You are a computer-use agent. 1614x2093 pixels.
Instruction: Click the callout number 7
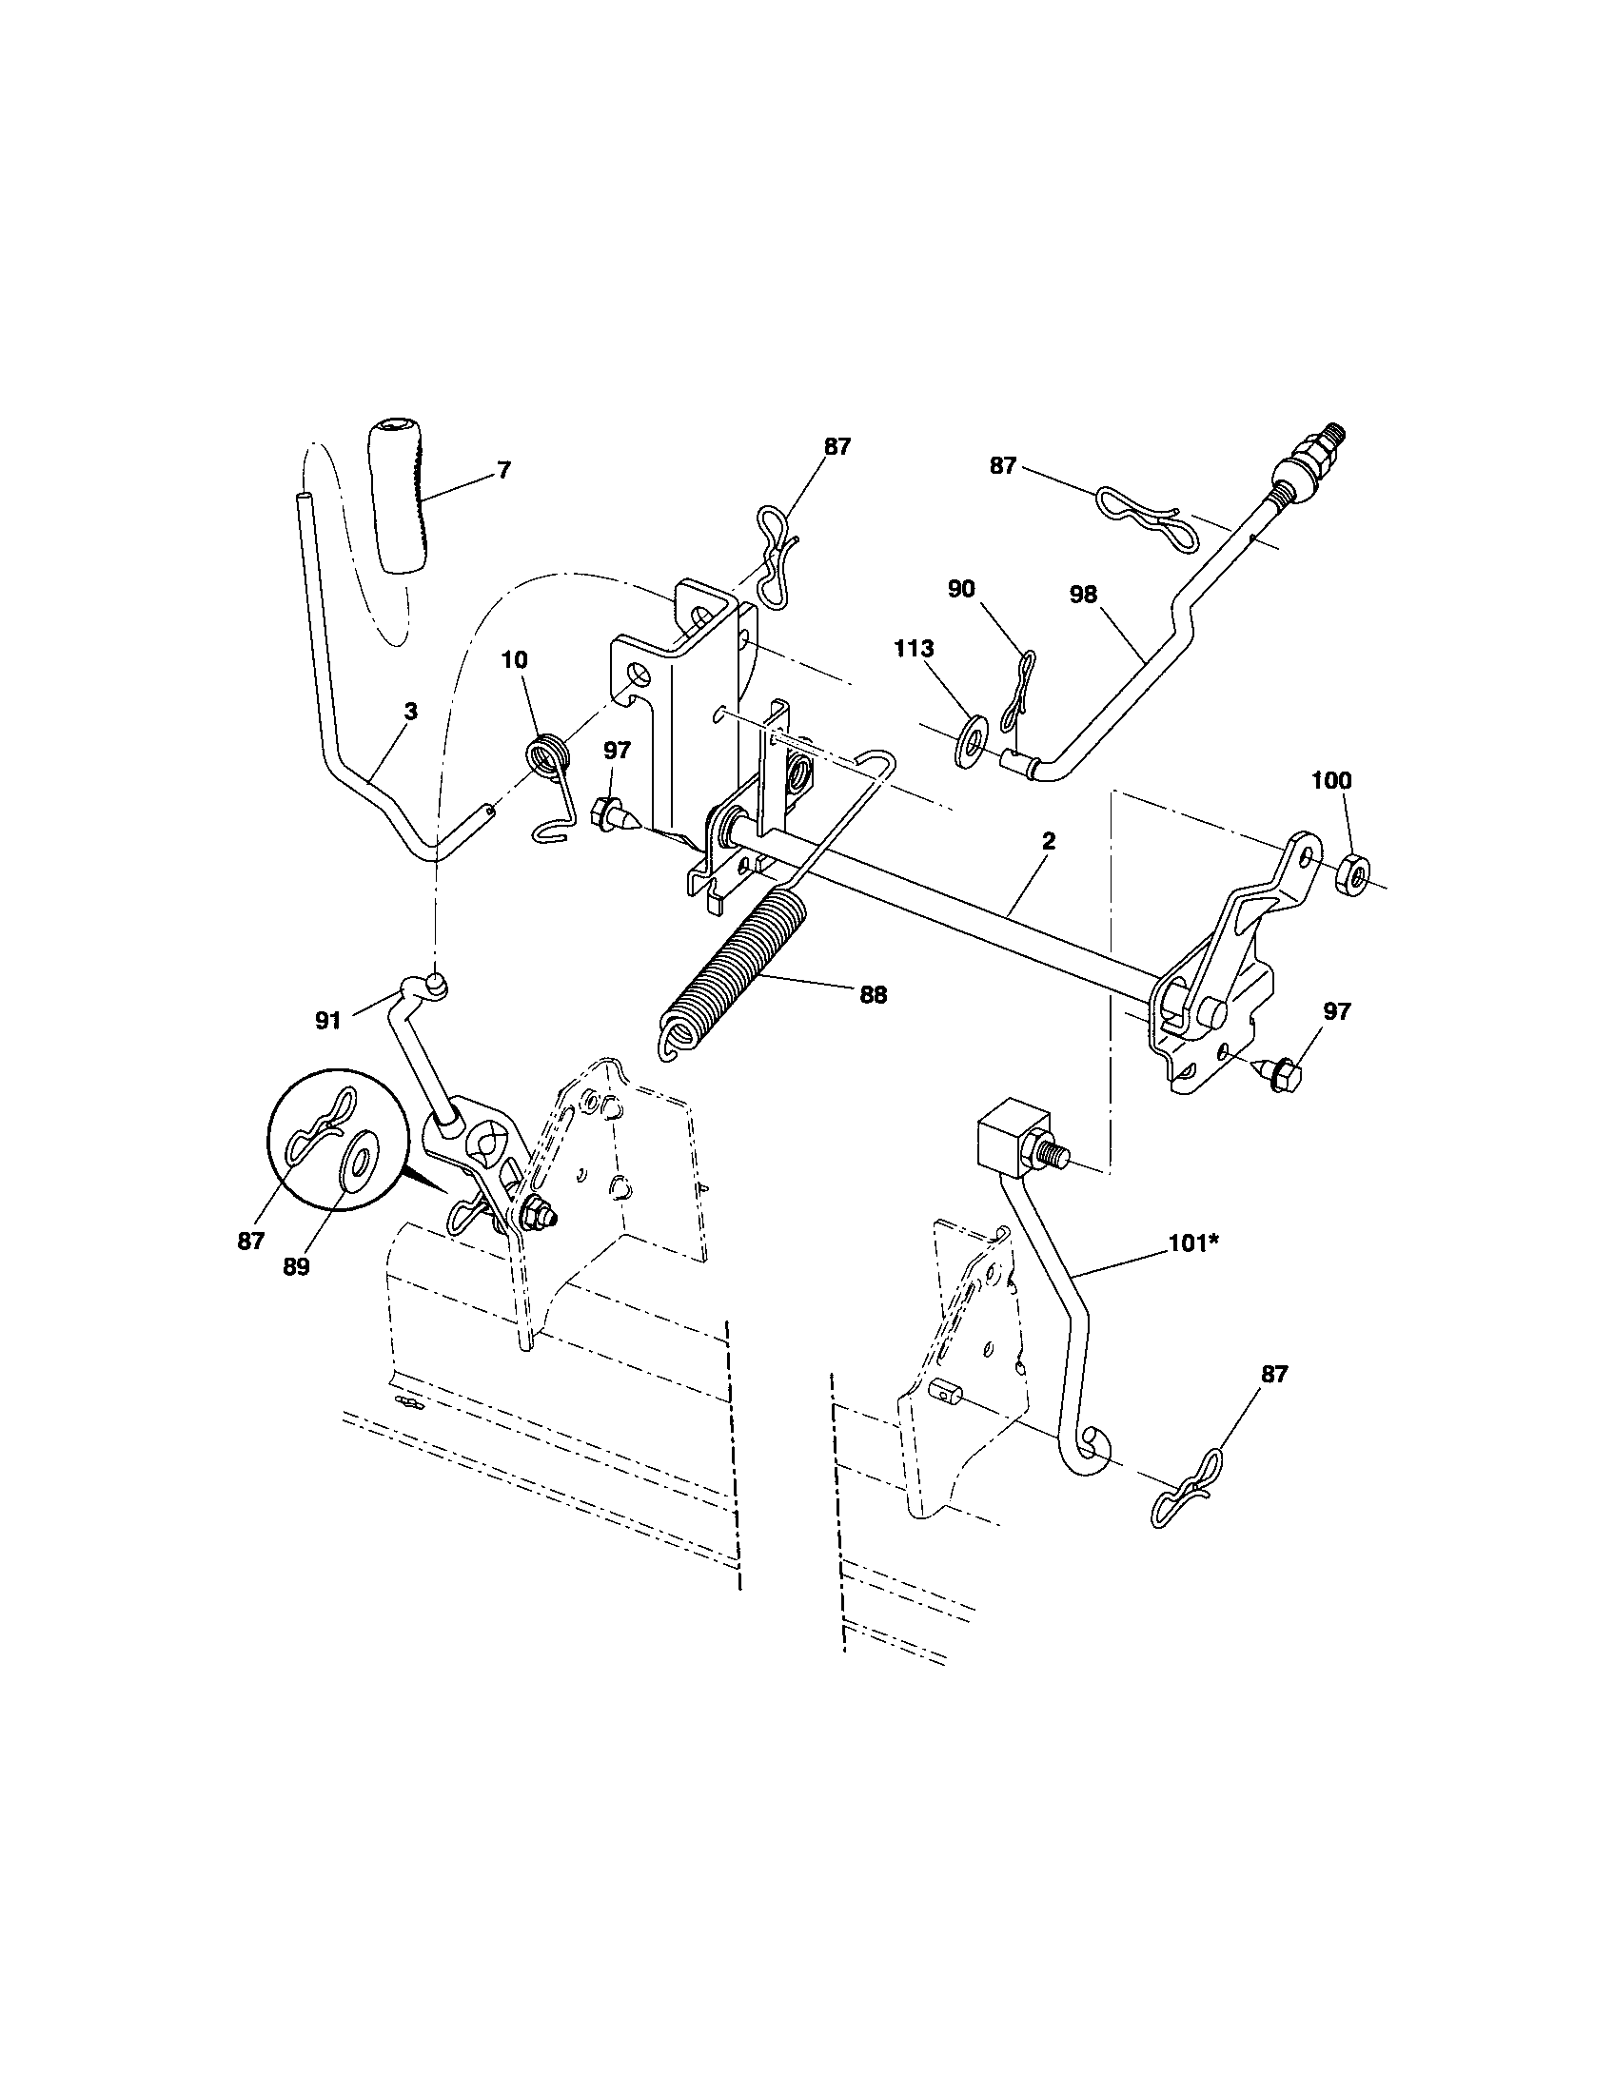504,470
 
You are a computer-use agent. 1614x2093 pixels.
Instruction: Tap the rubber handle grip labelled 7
396,495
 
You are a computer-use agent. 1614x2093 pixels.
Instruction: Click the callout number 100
1331,781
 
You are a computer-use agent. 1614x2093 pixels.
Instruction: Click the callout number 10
514,660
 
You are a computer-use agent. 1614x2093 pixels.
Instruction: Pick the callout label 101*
1192,1244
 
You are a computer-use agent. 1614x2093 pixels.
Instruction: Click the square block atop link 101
1010,1142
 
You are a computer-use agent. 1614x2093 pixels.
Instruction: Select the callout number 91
327,1022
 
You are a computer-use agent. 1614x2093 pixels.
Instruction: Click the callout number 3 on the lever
410,711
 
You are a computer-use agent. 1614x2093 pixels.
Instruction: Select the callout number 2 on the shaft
1049,840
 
